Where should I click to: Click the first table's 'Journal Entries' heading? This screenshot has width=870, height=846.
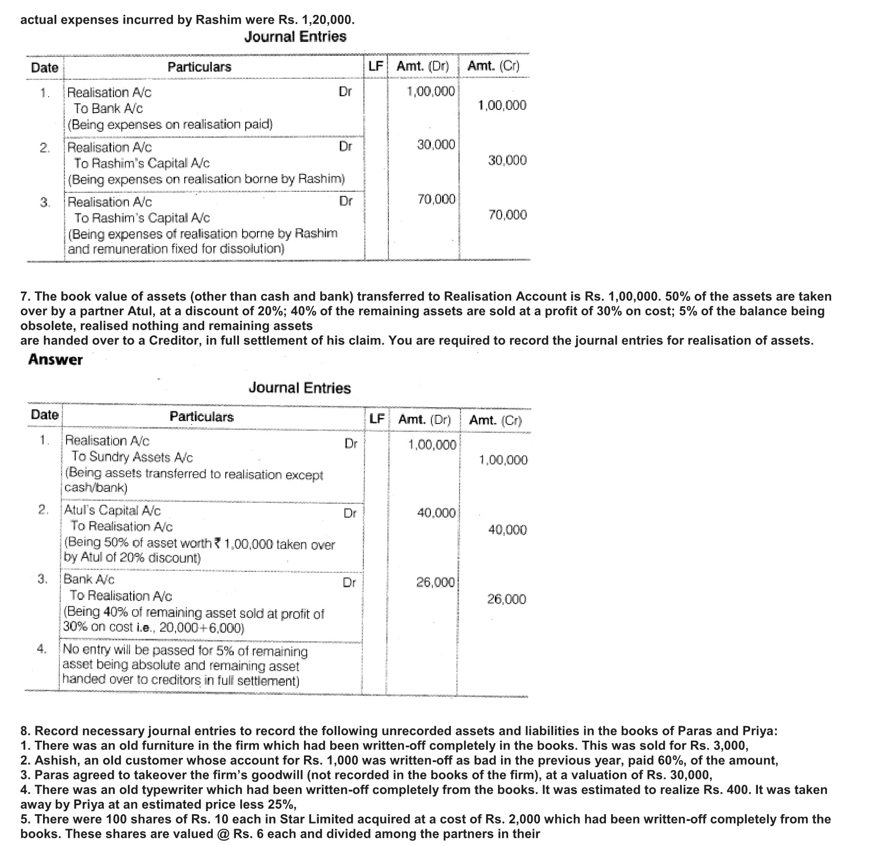295,37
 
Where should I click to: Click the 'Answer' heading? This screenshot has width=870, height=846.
55,360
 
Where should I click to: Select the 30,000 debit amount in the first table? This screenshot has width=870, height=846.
436,145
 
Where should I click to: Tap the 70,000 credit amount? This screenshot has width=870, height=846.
507,215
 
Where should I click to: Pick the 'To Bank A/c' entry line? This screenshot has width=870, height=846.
108,108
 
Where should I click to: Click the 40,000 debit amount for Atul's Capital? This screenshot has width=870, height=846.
436,513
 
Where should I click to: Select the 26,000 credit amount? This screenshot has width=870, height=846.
506,599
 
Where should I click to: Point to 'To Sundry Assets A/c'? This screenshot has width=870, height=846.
132,457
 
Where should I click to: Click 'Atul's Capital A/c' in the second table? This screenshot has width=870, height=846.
112,510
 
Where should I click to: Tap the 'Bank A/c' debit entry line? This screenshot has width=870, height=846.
89,579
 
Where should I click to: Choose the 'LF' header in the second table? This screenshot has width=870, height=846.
377,419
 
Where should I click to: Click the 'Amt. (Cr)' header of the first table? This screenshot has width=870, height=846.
493,66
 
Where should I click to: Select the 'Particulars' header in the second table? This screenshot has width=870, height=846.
202,417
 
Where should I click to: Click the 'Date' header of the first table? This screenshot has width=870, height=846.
45,67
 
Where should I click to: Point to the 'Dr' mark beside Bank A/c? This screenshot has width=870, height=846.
349,582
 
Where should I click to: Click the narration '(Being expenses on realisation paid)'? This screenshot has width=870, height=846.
170,124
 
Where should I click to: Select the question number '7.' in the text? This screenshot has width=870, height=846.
26,297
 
